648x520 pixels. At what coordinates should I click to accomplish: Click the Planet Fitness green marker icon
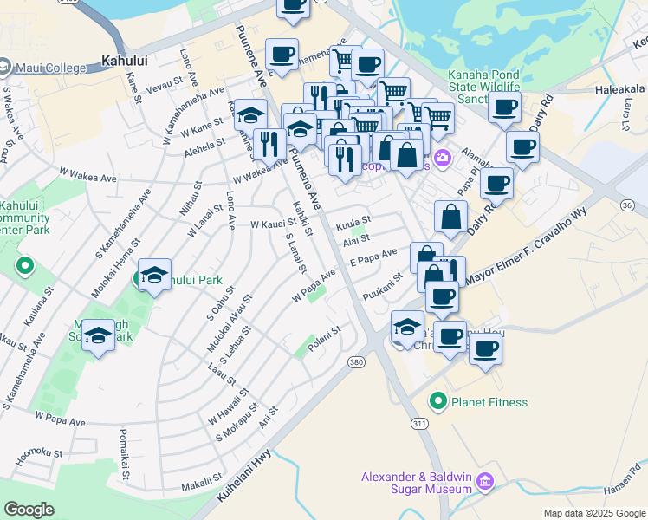(x=438, y=402)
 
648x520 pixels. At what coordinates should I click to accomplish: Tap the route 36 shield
(x=627, y=205)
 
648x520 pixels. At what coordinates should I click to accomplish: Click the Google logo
(x=29, y=510)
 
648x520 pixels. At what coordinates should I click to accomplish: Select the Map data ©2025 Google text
(x=593, y=513)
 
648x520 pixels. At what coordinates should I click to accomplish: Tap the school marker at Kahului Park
(x=154, y=275)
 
